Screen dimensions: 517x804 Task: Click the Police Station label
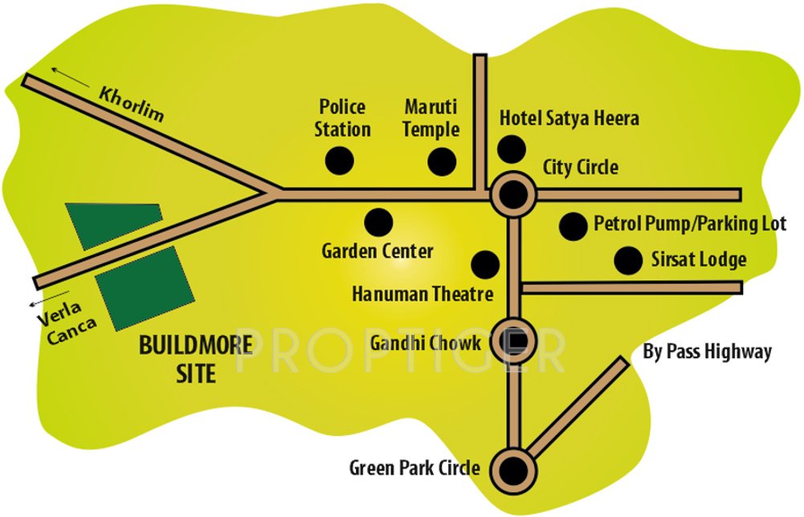click(x=342, y=117)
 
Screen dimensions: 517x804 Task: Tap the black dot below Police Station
click(x=340, y=160)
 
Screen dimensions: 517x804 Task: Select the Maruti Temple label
click(x=431, y=117)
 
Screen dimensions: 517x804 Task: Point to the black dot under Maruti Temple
click(x=442, y=161)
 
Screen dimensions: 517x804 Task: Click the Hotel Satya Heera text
click(x=569, y=119)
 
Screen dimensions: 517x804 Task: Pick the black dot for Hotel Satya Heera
click(x=512, y=149)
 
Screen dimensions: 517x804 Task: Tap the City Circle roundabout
click(x=513, y=194)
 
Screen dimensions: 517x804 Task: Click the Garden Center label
click(x=378, y=251)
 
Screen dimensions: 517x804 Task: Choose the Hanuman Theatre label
click(x=422, y=295)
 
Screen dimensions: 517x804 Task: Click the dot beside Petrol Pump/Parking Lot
click(x=573, y=226)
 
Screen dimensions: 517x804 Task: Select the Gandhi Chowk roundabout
click(x=514, y=340)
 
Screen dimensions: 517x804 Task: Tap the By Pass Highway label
click(x=708, y=352)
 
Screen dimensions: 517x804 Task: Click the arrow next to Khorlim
click(x=70, y=77)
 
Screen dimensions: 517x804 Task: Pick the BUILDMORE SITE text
click(x=195, y=359)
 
